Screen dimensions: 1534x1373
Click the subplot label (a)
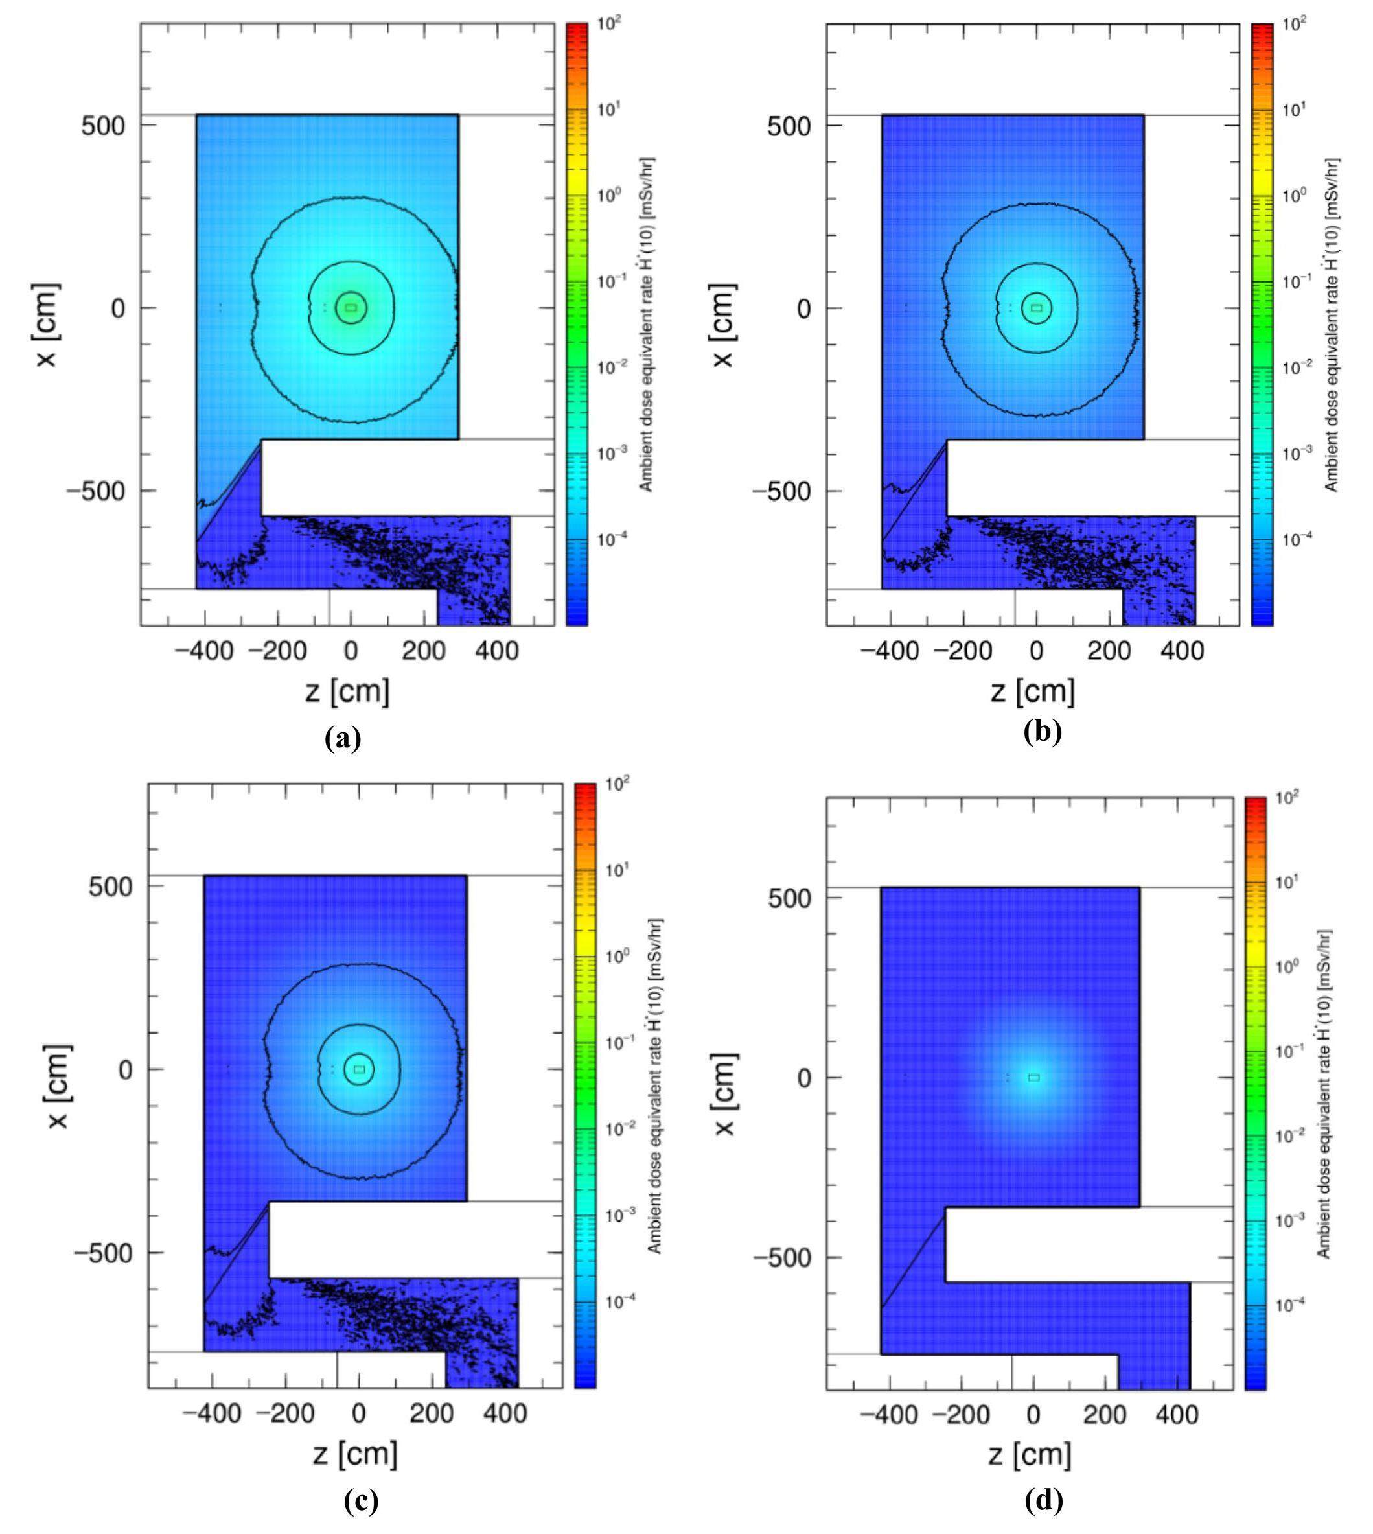[343, 738]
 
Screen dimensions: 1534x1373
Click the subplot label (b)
[1043, 731]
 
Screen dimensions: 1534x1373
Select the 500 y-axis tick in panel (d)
[789, 898]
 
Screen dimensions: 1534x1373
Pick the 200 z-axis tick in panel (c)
[432, 1413]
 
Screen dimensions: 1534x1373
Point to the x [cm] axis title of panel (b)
[722, 325]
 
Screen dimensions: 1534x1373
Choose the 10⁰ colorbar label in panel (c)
[616, 957]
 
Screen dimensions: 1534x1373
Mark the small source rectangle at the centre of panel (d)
[1033, 1078]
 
